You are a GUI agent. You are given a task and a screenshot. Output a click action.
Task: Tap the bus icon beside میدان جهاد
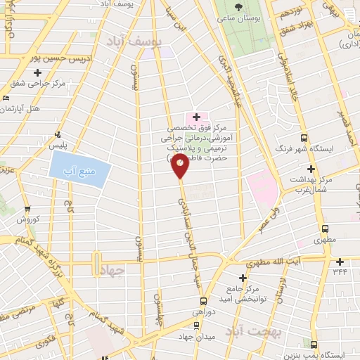(x=194, y=325)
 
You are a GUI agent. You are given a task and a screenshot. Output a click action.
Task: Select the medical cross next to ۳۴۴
(x=340, y=261)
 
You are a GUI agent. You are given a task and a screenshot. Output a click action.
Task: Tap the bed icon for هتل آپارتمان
(x=6, y=98)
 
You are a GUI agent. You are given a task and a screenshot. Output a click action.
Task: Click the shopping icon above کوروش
(x=28, y=209)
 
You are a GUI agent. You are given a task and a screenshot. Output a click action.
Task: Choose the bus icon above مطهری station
(x=325, y=229)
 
